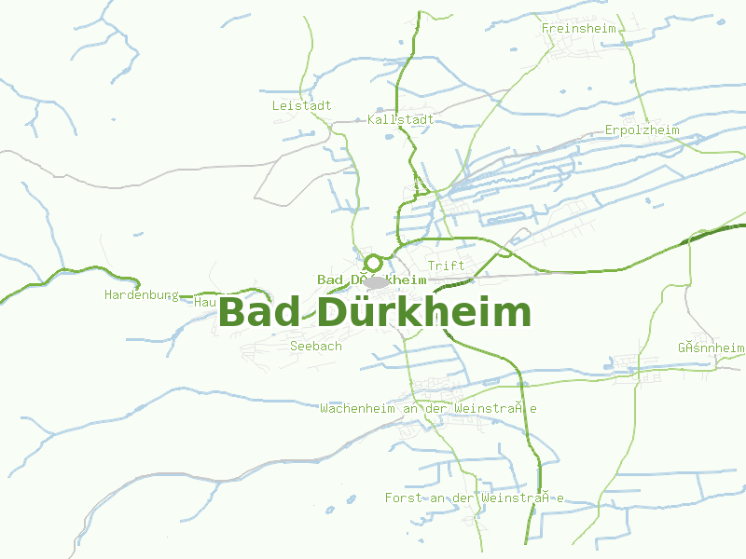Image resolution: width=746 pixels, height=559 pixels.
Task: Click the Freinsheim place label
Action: pyautogui.click(x=579, y=28)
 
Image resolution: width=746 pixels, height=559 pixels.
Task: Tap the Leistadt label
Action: pyautogui.click(x=301, y=105)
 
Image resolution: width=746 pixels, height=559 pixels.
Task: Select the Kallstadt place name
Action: pyautogui.click(x=401, y=120)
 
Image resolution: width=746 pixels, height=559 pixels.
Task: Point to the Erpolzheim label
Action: pyautogui.click(x=642, y=130)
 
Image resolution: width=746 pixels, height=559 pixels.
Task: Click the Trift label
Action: pyautogui.click(x=446, y=266)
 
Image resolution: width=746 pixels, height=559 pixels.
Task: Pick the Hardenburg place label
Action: pyautogui.click(x=141, y=294)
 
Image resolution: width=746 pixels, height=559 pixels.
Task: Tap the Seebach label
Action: pyautogui.click(x=316, y=346)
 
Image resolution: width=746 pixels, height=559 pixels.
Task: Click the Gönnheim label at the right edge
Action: pyautogui.click(x=711, y=348)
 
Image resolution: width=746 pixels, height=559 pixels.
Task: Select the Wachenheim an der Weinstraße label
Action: pyautogui.click(x=428, y=408)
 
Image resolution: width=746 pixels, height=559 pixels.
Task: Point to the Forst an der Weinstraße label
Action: pyautogui.click(x=475, y=498)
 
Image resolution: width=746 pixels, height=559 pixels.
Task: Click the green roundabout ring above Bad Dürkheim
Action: pyautogui.click(x=374, y=263)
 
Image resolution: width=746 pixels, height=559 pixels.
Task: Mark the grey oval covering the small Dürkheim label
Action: pyautogui.click(x=376, y=281)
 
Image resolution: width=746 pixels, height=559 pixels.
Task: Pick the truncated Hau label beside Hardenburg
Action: pyautogui.click(x=205, y=302)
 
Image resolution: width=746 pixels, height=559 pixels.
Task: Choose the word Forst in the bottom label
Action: pyautogui.click(x=403, y=498)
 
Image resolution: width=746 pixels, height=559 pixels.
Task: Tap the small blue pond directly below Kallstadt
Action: pyautogui.click(x=389, y=138)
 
